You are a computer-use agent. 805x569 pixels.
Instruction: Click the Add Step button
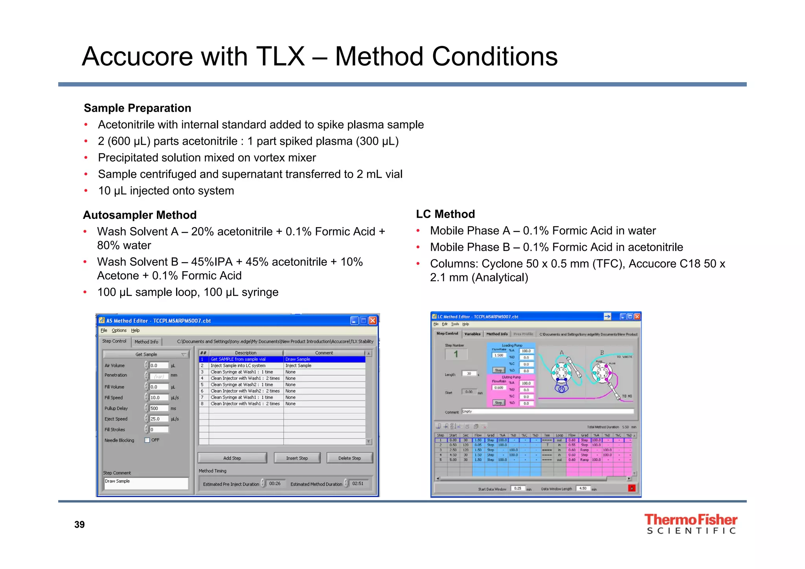point(232,458)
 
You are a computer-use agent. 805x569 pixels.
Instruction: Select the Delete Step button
point(349,458)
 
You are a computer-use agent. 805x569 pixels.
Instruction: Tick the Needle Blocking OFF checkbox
point(147,440)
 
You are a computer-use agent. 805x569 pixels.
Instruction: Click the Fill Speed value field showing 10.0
point(159,398)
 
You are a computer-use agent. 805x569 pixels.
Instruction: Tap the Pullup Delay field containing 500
point(159,408)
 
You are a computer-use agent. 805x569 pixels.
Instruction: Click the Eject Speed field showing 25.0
point(159,419)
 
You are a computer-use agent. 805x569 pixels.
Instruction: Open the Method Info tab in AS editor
point(146,342)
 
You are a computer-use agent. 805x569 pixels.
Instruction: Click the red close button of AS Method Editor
point(373,321)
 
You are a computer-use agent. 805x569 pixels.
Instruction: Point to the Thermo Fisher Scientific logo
point(691,524)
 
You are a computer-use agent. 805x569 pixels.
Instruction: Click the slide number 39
point(79,525)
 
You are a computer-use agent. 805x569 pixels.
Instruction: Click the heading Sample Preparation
point(138,108)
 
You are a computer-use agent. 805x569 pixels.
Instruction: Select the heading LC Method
point(445,214)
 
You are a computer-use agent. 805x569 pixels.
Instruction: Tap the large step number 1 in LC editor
point(456,354)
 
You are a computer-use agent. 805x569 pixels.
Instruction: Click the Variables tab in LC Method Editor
point(472,334)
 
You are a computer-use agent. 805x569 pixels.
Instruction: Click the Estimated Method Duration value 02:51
point(358,484)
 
